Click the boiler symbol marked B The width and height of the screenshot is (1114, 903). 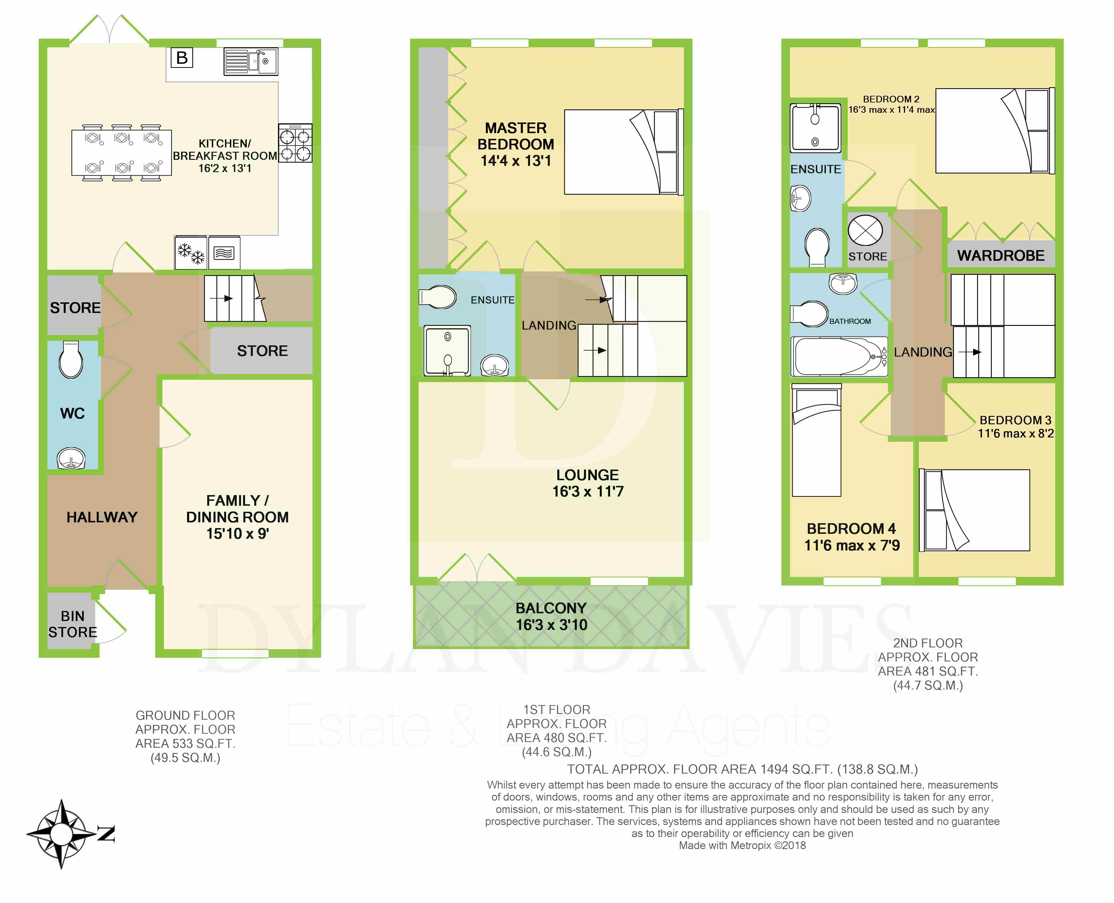[x=182, y=58]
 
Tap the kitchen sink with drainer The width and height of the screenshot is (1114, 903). [x=251, y=61]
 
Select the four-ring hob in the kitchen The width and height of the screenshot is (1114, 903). [x=295, y=143]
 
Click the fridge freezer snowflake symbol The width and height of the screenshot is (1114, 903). [x=191, y=253]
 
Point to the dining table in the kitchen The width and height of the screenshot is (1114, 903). [x=122, y=152]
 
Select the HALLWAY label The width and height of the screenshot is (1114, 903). [x=102, y=517]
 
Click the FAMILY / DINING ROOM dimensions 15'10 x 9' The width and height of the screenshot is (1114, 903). [x=237, y=534]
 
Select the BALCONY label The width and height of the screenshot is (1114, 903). [x=551, y=608]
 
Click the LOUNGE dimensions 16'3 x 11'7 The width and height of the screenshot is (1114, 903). [x=588, y=492]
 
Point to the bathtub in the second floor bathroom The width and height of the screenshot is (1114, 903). [x=839, y=356]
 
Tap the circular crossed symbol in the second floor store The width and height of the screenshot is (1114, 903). [x=865, y=230]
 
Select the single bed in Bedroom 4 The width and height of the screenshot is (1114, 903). [x=816, y=440]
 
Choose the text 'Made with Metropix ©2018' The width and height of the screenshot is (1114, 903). [x=742, y=845]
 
